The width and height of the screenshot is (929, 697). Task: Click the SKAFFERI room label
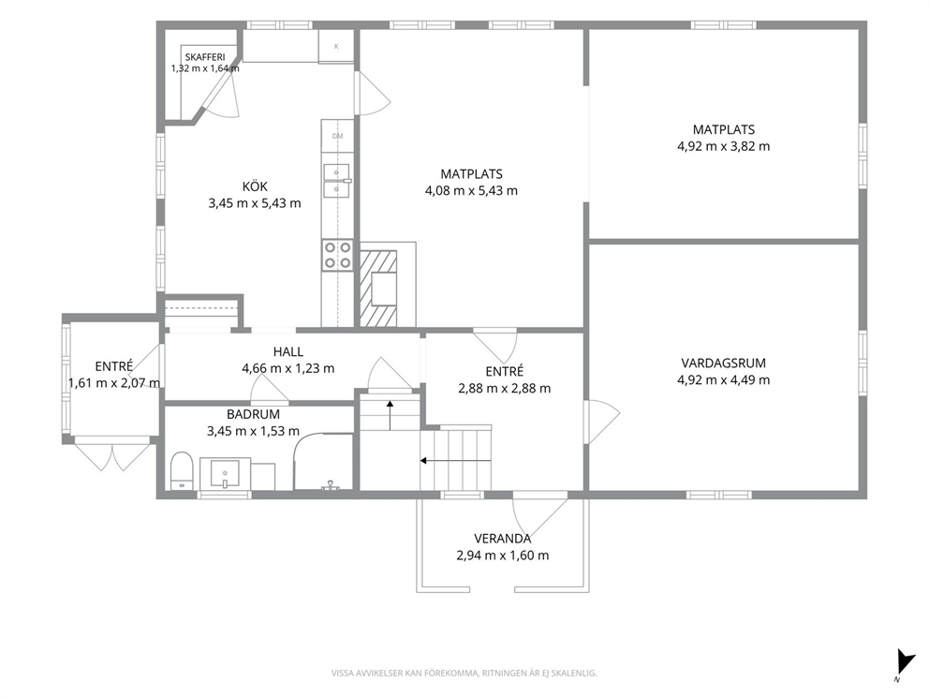pyautogui.click(x=205, y=57)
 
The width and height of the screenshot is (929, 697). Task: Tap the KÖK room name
pyautogui.click(x=255, y=186)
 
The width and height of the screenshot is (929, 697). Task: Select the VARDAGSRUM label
pyautogui.click(x=723, y=363)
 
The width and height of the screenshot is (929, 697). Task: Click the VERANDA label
pyautogui.click(x=502, y=539)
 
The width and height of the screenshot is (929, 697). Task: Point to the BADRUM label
pyautogui.click(x=253, y=414)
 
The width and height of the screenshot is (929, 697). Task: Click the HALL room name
pyautogui.click(x=288, y=351)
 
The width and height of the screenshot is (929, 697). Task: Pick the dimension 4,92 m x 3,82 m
pyautogui.click(x=723, y=146)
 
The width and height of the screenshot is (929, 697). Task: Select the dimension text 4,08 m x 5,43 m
pyautogui.click(x=471, y=191)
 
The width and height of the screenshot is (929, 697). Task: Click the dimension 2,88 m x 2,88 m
pyautogui.click(x=504, y=389)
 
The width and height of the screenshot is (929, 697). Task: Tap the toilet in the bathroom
pyautogui.click(x=182, y=471)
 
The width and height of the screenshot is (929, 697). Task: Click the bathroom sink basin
pyautogui.click(x=225, y=472)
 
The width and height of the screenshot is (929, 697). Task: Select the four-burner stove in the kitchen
pyautogui.click(x=338, y=255)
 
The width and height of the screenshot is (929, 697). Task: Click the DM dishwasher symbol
pyautogui.click(x=338, y=136)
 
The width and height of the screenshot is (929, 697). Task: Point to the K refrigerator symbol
pyautogui.click(x=336, y=46)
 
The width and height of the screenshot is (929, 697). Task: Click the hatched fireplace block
pyautogui.click(x=378, y=288)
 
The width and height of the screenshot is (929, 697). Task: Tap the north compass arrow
pyautogui.click(x=904, y=662)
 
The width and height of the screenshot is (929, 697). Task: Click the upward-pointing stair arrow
pyautogui.click(x=390, y=415)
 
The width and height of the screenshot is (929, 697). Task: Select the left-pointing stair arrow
pyautogui.click(x=455, y=461)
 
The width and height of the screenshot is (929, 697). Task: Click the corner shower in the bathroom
pyautogui.click(x=323, y=462)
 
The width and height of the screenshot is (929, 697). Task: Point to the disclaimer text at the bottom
pyautogui.click(x=464, y=674)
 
